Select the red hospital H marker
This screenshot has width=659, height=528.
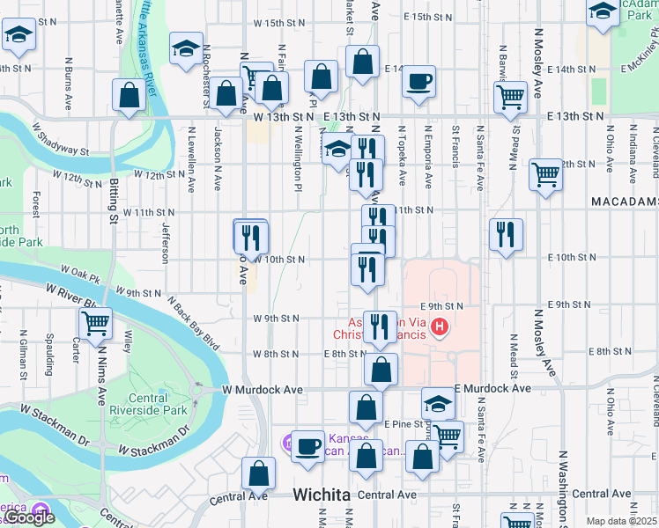point(439,329)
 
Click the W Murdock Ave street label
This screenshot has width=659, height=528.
point(263,388)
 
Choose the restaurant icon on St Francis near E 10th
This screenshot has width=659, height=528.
point(506,233)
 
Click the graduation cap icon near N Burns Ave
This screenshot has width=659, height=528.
point(17,36)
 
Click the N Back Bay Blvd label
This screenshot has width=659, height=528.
point(192,325)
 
